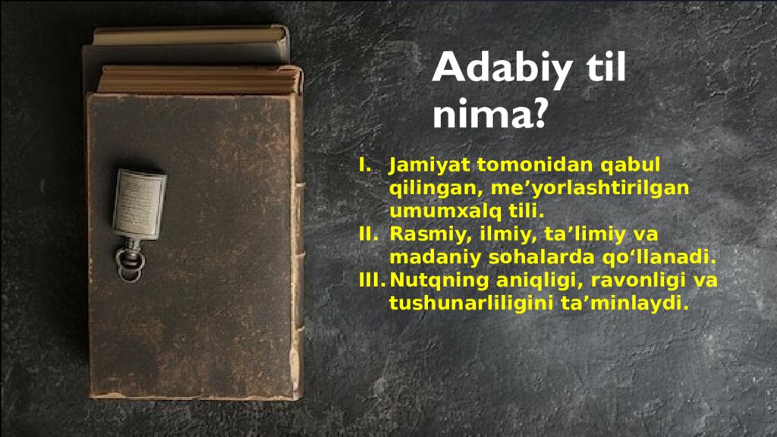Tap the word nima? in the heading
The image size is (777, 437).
pos(490,115)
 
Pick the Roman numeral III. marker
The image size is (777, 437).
pos(373,281)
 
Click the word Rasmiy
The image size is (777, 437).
pos(420,234)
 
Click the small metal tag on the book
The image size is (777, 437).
pos(139,201)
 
